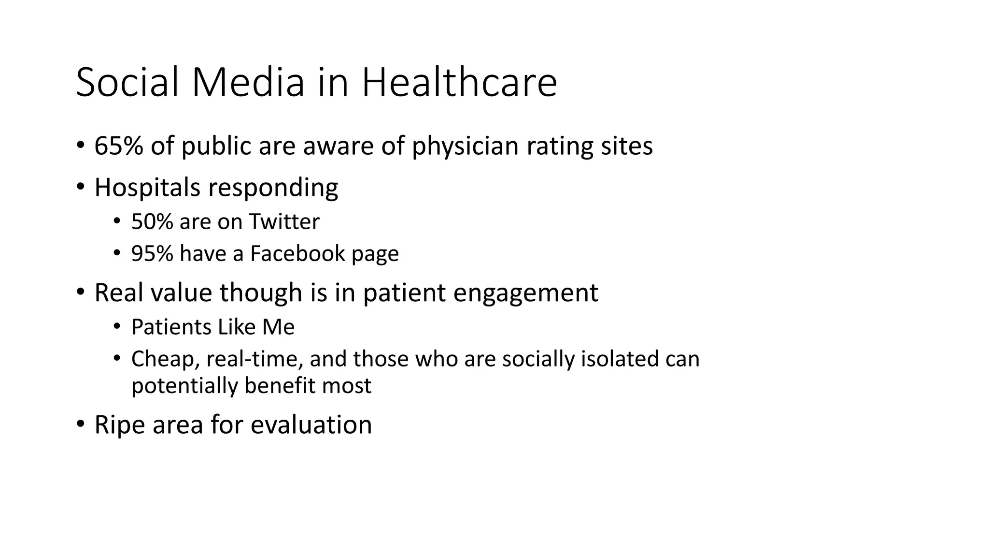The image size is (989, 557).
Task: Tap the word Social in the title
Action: [x=129, y=83]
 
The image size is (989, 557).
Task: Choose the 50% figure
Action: [x=152, y=222]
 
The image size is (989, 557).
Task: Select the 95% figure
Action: [x=152, y=253]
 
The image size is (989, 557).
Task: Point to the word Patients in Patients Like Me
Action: [x=171, y=327]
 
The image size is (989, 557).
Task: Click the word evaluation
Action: [x=311, y=425]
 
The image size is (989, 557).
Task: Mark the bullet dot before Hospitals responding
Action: [x=80, y=186]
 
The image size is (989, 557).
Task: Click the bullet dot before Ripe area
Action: [x=80, y=424]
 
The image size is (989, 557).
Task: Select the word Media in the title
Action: [x=248, y=83]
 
